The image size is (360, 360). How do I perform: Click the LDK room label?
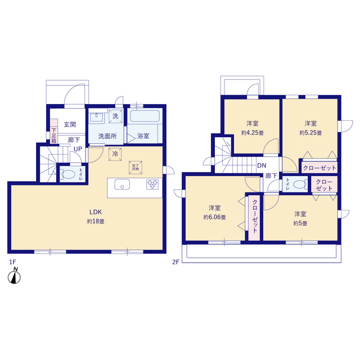(96, 211)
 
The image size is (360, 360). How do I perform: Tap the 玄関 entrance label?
(70, 124)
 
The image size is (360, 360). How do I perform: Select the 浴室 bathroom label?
(143, 136)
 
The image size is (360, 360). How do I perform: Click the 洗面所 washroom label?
(107, 136)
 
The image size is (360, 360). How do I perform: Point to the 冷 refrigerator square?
(115, 154)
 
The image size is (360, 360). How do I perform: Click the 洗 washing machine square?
(115, 116)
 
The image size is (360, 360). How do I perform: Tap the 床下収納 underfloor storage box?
(136, 168)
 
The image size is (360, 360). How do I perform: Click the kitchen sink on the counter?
(122, 184)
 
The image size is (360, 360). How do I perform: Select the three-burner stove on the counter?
(152, 184)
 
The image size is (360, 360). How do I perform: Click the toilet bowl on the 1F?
(68, 174)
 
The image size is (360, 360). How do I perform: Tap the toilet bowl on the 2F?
(300, 184)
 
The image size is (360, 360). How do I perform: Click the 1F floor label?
(12, 262)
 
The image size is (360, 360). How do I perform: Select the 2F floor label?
(175, 262)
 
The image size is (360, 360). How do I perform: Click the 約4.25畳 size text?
(253, 133)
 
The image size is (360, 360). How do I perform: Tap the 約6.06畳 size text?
(215, 217)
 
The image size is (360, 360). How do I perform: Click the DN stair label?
(262, 165)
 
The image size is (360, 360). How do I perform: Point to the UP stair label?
(78, 149)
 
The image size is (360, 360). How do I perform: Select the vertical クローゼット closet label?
(255, 216)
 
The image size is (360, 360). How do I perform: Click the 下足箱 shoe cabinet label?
(54, 136)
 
